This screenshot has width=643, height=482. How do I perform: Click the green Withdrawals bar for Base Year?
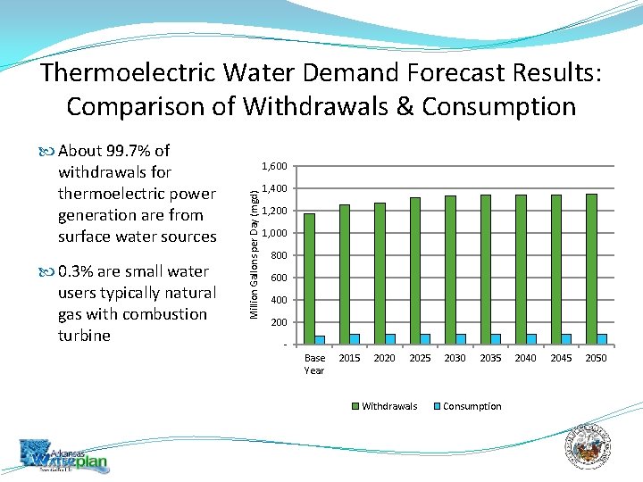point(309,278)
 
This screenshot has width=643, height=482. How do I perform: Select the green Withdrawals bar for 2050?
point(591,269)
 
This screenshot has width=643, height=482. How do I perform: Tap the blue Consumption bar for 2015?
point(355,339)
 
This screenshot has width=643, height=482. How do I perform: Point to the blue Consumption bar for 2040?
point(531,339)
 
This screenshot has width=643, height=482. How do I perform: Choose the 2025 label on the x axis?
point(420,358)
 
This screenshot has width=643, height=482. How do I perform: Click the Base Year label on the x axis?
point(314,363)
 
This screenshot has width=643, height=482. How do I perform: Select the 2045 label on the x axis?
point(561,358)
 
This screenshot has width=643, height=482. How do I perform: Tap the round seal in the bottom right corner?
point(590,445)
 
